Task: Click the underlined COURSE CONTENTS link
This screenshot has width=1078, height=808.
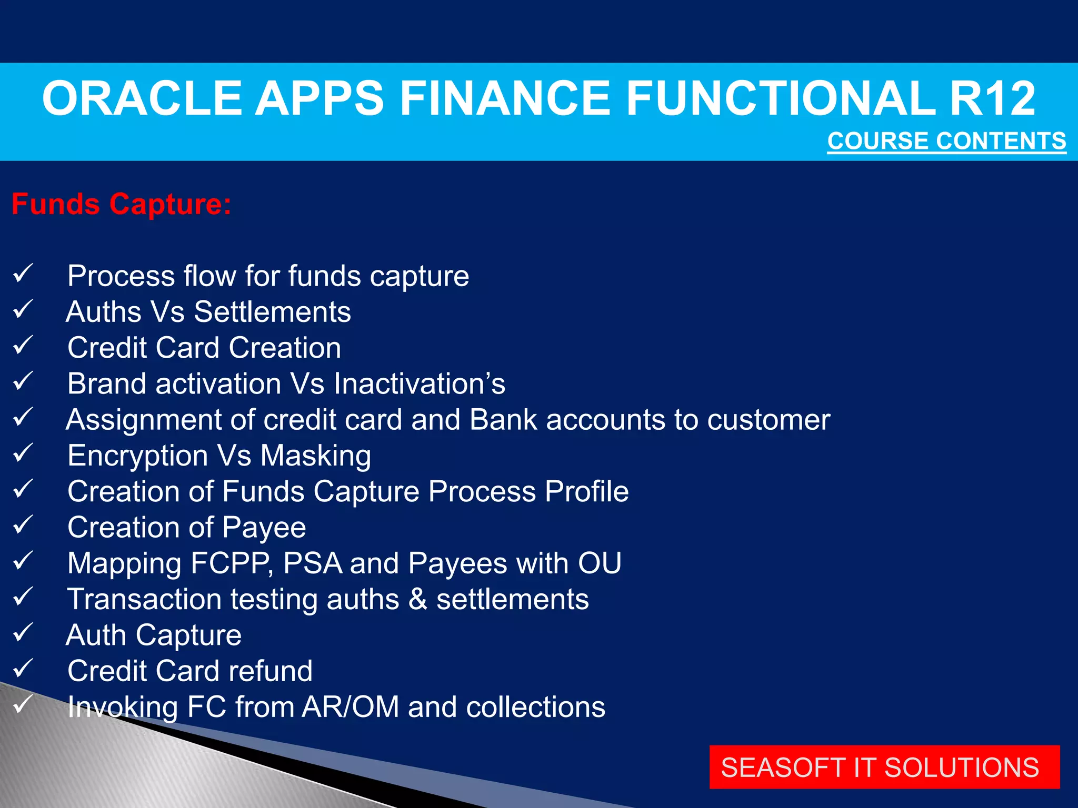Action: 946,141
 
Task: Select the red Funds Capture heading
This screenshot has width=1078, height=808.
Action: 122,204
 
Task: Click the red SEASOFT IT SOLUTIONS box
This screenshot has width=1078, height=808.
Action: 884,767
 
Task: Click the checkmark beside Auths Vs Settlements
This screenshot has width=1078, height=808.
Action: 23,309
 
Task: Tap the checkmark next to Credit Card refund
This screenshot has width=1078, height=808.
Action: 23,669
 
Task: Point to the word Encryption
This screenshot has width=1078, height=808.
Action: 137,456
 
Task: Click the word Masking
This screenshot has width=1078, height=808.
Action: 316,456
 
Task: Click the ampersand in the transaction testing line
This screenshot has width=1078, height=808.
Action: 417,599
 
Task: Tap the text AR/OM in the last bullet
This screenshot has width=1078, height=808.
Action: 351,707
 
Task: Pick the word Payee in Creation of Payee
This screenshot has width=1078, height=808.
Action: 264,528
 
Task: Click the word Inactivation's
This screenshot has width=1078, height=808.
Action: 420,383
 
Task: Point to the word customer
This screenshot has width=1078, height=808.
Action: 768,420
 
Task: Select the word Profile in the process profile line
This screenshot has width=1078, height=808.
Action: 586,491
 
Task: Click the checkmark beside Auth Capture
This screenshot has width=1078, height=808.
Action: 23,633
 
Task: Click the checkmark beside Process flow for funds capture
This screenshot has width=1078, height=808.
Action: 23,274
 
